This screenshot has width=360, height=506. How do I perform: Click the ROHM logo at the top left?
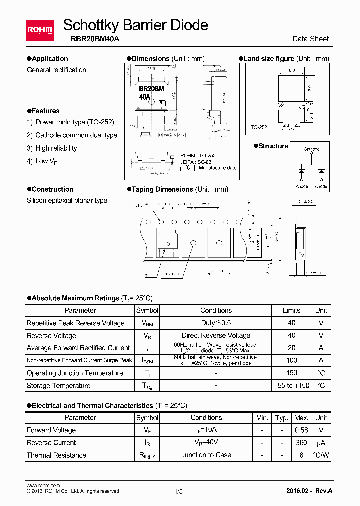(39, 31)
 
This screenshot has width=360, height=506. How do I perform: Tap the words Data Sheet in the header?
(310, 39)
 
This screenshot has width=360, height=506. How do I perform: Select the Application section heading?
(48, 59)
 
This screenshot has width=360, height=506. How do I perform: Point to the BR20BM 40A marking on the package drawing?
(151, 93)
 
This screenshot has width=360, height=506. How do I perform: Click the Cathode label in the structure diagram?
(312, 149)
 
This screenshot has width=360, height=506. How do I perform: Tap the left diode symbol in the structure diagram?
(302, 171)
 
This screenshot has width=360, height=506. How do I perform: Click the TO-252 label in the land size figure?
(259, 128)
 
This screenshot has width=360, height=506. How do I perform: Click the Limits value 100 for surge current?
(292, 360)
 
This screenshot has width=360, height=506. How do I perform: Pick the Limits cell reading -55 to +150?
(292, 385)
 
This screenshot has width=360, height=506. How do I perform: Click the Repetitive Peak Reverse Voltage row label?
(76, 323)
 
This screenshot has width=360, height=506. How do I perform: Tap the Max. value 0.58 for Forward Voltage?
(301, 430)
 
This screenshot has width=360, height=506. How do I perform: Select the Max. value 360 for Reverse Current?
(301, 442)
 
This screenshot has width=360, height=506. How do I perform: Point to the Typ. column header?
(282, 418)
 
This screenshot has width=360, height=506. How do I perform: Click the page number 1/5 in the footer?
(179, 491)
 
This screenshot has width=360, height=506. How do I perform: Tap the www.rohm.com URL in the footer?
(43, 485)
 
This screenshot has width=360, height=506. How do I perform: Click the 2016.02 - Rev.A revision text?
(309, 491)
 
